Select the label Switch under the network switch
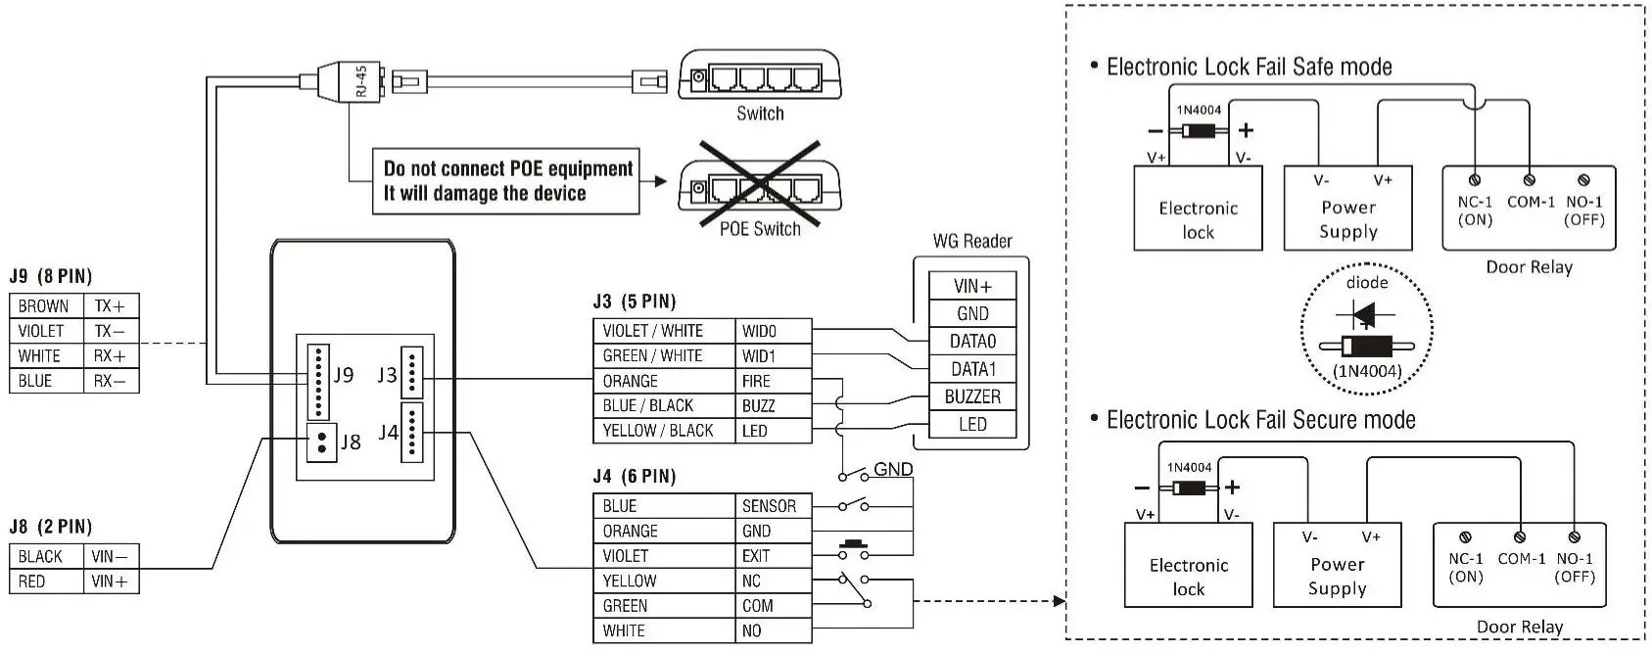[760, 114]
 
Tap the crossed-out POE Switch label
[760, 229]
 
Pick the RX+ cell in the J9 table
[110, 356]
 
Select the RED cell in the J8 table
[46, 582]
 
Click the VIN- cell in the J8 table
[110, 556]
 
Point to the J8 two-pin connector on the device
[321, 442]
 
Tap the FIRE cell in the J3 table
[772, 381]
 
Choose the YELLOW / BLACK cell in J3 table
[662, 431]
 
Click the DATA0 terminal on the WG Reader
[972, 342]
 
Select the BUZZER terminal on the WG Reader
[972, 396]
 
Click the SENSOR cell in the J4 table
[772, 506]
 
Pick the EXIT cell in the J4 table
[772, 556]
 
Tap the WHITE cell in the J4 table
[662, 630]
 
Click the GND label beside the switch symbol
[893, 469]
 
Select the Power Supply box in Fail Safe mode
[1347, 209]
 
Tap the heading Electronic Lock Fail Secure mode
[1260, 420]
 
